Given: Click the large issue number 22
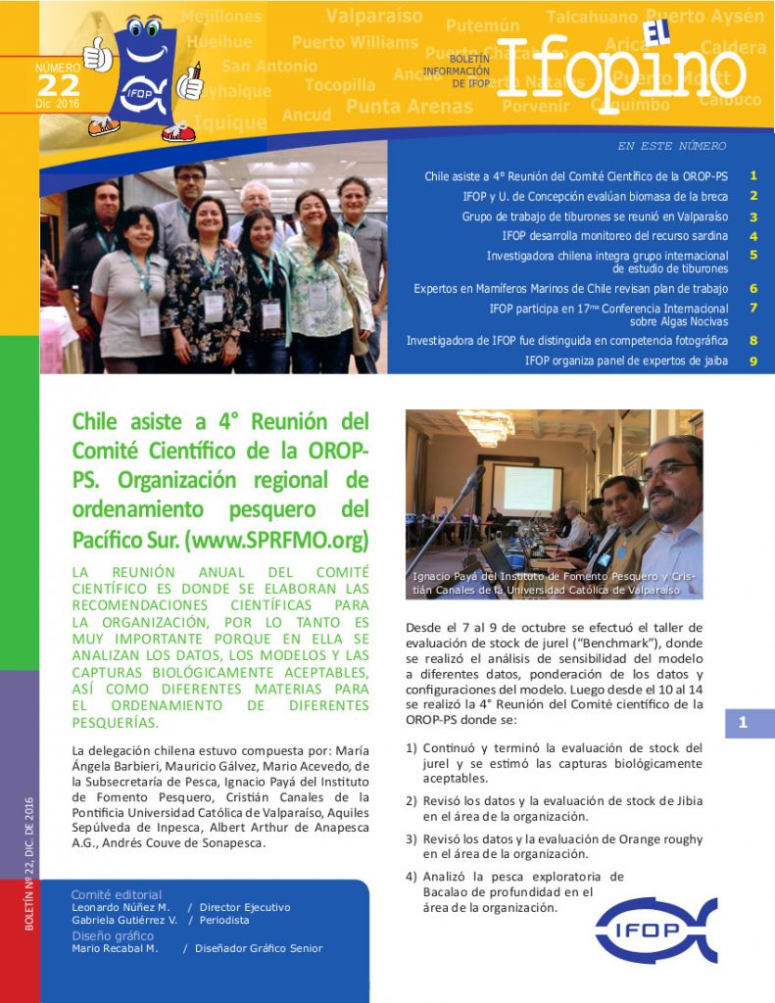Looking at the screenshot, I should tap(59, 85).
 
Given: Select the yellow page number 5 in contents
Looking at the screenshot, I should tap(753, 255).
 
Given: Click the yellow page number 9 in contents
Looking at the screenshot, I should tap(753, 360).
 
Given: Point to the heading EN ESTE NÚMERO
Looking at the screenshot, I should tap(671, 146).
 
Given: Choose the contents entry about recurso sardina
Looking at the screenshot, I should tap(614, 236).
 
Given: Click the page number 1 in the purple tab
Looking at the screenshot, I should tap(743, 723).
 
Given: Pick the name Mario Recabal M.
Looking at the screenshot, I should tap(115, 948).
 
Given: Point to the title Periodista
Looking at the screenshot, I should tap(221, 921).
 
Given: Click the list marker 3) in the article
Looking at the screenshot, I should tap(412, 839).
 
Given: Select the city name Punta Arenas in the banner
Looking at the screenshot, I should tap(409, 107).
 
